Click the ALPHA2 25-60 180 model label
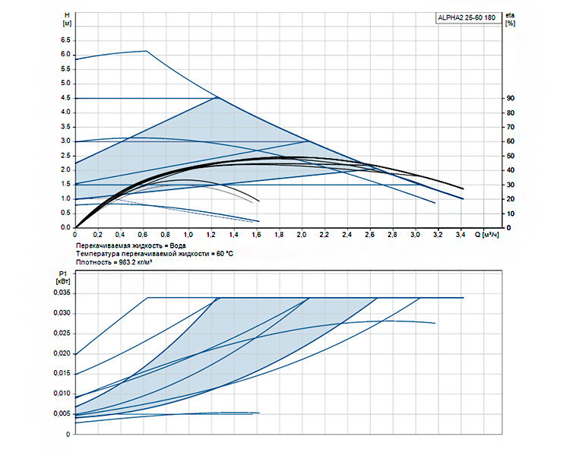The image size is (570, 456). coord(467,17)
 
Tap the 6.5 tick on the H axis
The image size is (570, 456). coord(65,40)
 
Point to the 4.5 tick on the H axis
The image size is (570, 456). coord(65,98)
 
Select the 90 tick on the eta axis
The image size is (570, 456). coord(511,98)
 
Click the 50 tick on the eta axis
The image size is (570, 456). coord(511,156)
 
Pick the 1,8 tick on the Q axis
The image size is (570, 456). coord(279,235)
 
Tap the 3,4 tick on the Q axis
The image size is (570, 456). coord(461,235)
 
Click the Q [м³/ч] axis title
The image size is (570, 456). coord(486,235)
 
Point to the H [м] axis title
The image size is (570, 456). coord(67,19)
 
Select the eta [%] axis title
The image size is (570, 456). coord(510,19)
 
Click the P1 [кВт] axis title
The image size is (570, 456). coord(63,277)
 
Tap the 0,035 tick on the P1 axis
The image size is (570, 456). coord(62,293)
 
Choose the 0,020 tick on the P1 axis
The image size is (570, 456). coord(62,353)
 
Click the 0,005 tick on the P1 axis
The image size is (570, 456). coord(62,413)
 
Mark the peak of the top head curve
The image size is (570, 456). coord(147,51)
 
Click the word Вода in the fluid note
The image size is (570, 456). coord(178,245)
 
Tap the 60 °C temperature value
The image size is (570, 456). coord(225,254)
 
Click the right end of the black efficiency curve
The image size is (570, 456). coord(464,188)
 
